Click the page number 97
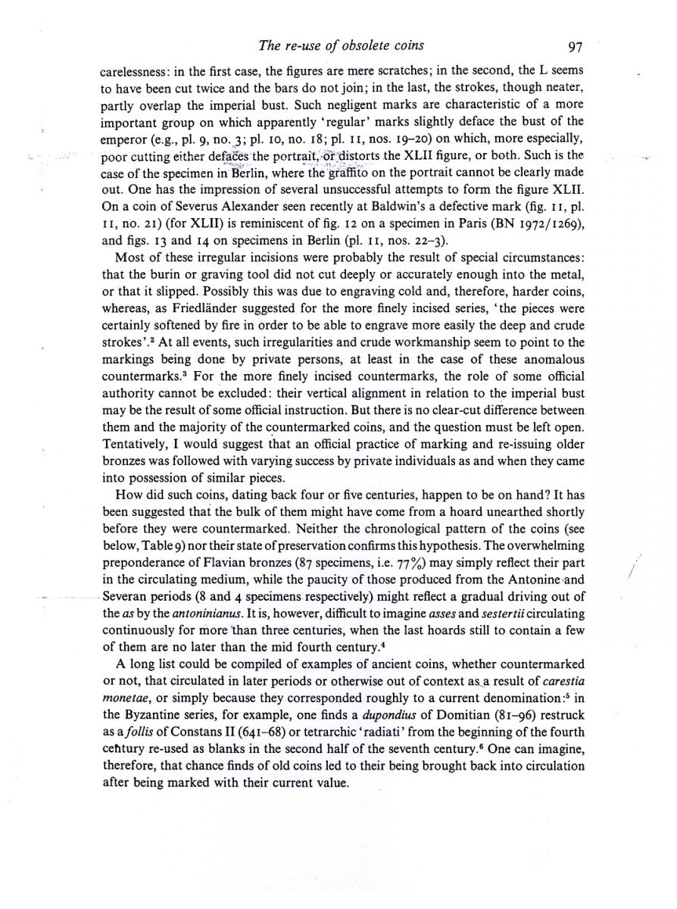(x=573, y=46)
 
